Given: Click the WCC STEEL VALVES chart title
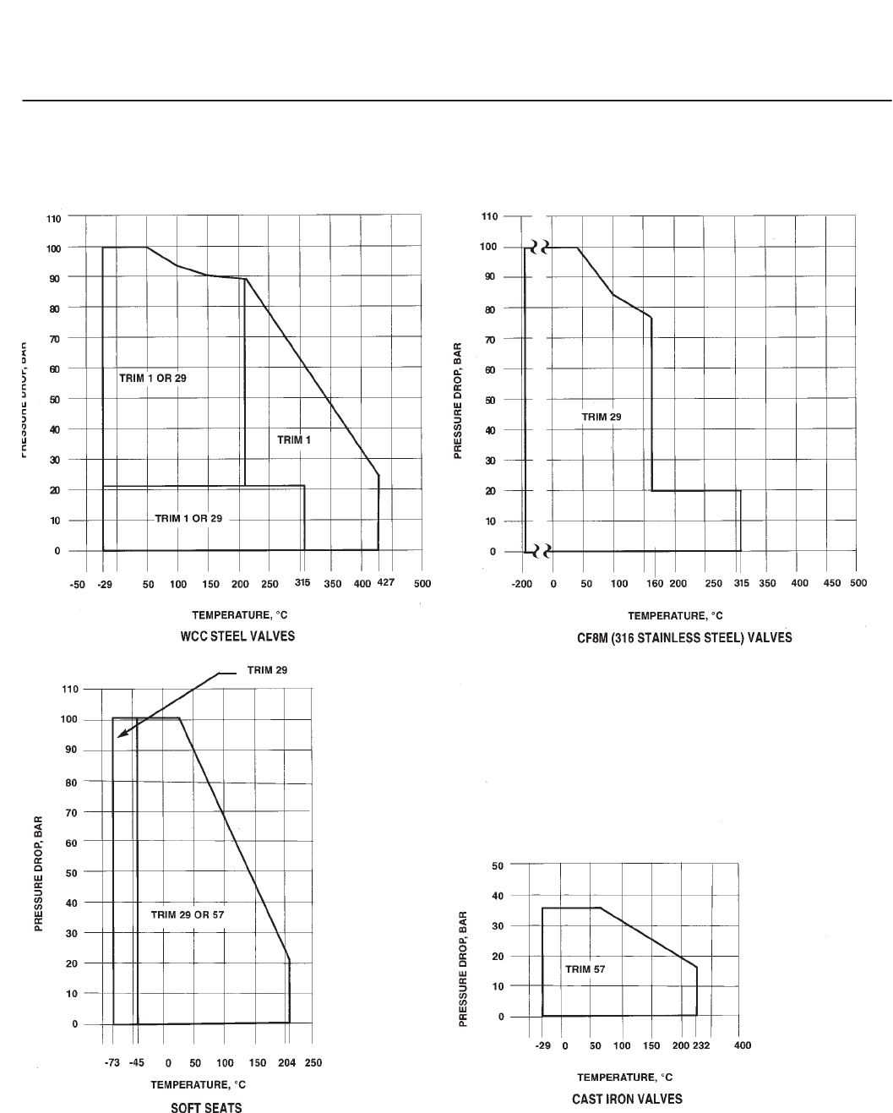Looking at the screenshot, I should click(237, 636).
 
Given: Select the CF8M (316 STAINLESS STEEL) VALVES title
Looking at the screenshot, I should click(679, 637).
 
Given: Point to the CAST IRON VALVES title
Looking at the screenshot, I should click(627, 1099).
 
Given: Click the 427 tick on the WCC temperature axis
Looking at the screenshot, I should click(385, 583).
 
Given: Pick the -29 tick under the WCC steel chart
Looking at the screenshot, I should click(104, 584).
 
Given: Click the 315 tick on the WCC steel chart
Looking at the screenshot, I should click(303, 583).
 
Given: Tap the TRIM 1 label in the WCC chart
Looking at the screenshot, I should click(295, 439).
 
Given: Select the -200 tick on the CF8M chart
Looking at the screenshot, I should click(522, 584).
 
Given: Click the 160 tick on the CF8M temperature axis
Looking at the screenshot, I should click(655, 584).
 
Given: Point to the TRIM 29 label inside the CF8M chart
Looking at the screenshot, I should click(602, 417).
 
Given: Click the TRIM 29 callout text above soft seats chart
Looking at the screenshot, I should click(267, 670).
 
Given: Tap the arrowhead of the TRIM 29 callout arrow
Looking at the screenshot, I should click(120, 736).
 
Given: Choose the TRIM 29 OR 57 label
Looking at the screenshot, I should click(188, 914).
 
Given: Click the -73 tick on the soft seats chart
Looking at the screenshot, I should click(112, 1062).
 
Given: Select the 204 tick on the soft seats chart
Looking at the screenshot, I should click(287, 1062).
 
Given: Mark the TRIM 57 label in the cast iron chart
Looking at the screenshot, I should click(583, 969).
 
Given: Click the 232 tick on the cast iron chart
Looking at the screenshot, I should click(701, 1045).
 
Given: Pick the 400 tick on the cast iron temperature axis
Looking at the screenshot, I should click(742, 1045).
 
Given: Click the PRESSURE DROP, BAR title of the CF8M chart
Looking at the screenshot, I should click(459, 401).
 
